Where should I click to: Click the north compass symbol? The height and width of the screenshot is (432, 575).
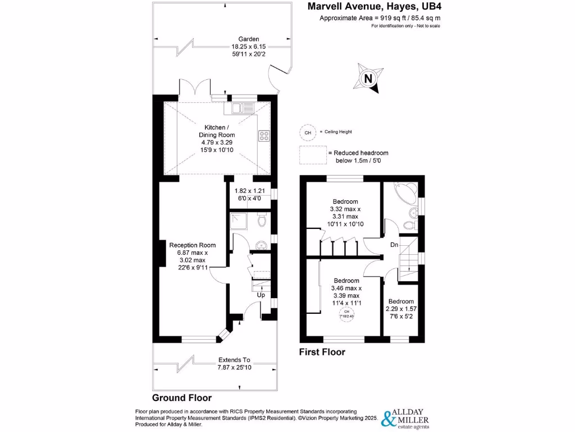point(368,79)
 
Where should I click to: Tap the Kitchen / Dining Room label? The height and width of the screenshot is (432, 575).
point(216,135)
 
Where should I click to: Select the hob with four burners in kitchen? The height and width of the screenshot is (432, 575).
point(263,136)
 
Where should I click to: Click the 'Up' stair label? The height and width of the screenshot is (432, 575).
point(261,295)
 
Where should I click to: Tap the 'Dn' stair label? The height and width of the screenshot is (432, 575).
point(395,245)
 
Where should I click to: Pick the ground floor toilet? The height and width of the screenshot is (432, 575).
point(261,222)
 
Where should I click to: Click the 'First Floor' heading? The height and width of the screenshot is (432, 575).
point(322,352)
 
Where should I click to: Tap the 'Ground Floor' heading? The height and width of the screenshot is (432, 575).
point(182,398)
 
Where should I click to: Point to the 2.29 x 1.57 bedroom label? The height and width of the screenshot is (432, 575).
point(401,309)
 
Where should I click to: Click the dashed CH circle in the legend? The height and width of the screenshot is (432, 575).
point(307,133)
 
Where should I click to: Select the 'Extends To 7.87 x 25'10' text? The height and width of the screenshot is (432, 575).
point(235,364)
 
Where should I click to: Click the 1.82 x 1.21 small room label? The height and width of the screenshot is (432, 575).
point(249,194)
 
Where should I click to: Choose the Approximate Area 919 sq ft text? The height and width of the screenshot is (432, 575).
point(380,18)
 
